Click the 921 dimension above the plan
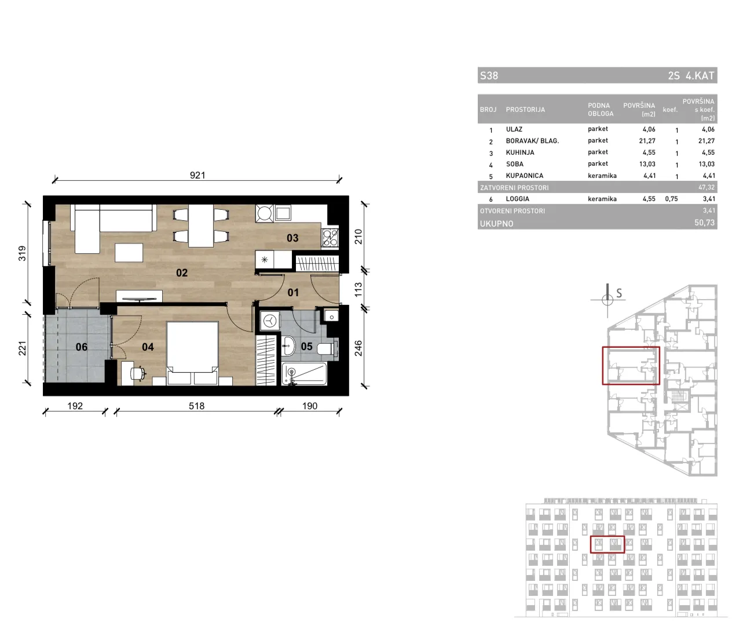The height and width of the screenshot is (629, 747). pyautogui.click(x=197, y=175)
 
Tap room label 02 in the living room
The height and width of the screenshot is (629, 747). pyautogui.click(x=182, y=273)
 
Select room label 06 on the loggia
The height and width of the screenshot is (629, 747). pyautogui.click(x=82, y=347)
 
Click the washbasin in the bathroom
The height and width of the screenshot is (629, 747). pyautogui.click(x=288, y=346)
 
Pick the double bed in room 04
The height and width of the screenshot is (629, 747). pyautogui.click(x=192, y=353)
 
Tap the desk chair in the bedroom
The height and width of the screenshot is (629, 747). pyautogui.click(x=138, y=373)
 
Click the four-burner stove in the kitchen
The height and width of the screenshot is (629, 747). pyautogui.click(x=330, y=238)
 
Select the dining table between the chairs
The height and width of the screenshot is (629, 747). pyautogui.click(x=201, y=226)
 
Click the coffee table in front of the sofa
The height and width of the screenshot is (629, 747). pyautogui.click(x=129, y=253)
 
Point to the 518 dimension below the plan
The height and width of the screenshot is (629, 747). pyautogui.click(x=196, y=406)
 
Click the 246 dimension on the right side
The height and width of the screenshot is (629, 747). pyautogui.click(x=358, y=348)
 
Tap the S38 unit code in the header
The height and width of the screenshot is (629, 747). pyautogui.click(x=489, y=75)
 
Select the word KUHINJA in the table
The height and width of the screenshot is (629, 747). pyautogui.click(x=520, y=152)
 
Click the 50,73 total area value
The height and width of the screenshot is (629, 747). pyautogui.click(x=704, y=223)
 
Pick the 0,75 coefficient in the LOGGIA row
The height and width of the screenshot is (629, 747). pyautogui.click(x=671, y=199)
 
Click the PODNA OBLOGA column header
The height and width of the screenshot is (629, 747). pyautogui.click(x=600, y=110)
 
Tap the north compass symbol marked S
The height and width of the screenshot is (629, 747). pyautogui.click(x=608, y=300)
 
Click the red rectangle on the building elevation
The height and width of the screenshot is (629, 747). pyautogui.click(x=607, y=544)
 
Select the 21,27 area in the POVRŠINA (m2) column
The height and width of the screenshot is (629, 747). pyautogui.click(x=647, y=141)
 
